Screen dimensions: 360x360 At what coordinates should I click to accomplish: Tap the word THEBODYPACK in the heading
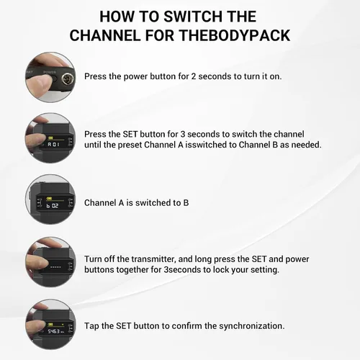(235, 35)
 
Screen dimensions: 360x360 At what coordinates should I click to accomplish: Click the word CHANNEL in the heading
(105, 35)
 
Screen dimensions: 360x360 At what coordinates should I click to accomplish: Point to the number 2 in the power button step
(194, 76)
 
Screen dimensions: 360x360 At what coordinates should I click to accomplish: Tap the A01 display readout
(53, 144)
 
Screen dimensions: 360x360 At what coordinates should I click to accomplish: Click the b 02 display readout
(53, 206)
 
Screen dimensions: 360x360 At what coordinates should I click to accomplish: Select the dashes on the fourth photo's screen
(55, 266)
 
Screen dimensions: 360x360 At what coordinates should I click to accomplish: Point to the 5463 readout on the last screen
(53, 331)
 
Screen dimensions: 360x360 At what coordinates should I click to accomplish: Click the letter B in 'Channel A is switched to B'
(186, 203)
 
